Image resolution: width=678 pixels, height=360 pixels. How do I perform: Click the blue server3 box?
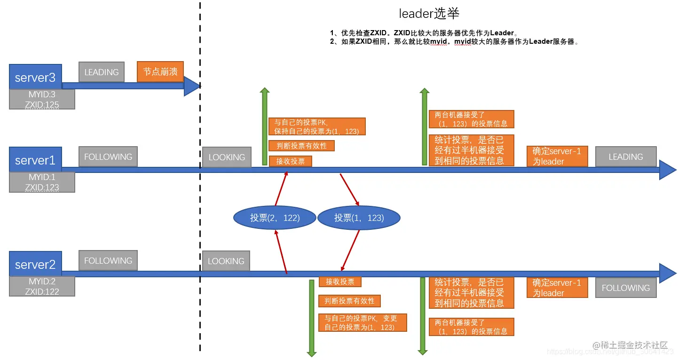35,77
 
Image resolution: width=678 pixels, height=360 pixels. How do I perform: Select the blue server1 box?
35,160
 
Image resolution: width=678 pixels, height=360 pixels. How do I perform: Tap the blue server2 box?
35,264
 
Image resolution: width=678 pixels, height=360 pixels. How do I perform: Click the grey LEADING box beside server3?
102,72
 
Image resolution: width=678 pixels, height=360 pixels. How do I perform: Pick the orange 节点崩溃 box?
160,72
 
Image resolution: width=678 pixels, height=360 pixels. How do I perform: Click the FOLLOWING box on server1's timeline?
108,157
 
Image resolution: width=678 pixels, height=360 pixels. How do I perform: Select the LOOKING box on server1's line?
227,157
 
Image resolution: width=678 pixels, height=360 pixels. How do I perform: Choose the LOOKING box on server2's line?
226,261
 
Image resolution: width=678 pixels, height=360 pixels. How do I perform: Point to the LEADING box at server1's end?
625,157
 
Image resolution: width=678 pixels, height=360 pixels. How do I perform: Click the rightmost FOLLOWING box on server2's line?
625,288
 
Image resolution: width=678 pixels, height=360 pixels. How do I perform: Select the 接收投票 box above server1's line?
290,161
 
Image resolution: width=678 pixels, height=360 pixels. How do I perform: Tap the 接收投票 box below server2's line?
340,282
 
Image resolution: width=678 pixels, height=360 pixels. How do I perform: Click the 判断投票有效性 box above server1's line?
301,146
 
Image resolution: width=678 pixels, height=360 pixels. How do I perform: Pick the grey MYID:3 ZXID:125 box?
42,100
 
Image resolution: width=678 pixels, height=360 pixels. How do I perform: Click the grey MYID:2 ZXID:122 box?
42,286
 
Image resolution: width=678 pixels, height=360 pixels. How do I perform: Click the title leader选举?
429,13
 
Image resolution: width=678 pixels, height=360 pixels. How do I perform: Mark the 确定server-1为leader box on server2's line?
557,288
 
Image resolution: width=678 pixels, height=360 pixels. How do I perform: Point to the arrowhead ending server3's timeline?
192,86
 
